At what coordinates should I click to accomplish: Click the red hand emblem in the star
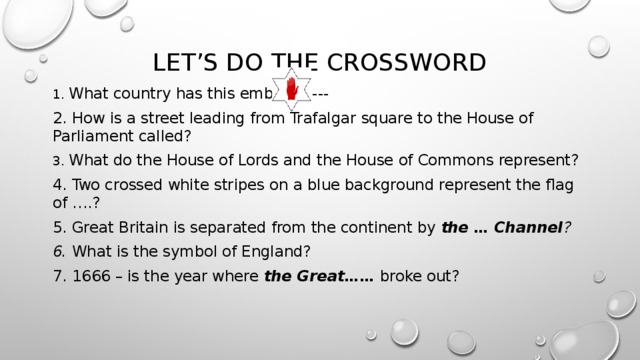290,92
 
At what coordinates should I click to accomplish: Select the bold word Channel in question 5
526,226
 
